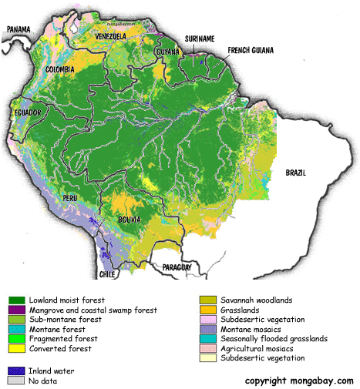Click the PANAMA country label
pyautogui.click(x=19, y=30)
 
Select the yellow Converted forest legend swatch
pyautogui.click(x=16, y=348)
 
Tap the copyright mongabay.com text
pyautogui.click(x=299, y=381)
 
